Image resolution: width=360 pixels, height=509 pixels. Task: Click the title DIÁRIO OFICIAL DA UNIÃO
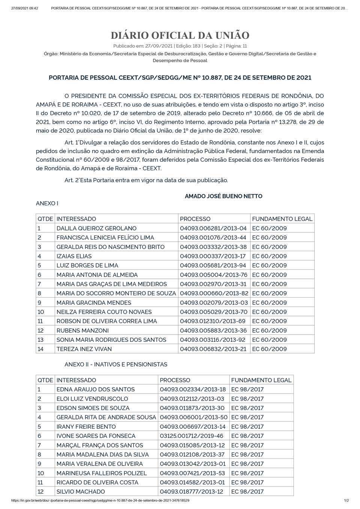click(180, 36)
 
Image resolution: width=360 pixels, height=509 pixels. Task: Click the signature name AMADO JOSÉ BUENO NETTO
click(223, 196)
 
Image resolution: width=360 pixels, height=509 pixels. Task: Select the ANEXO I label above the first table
click(47, 203)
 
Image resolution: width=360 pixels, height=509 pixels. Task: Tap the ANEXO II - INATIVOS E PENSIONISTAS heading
click(116, 364)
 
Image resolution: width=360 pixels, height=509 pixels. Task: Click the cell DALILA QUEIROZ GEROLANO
click(96, 228)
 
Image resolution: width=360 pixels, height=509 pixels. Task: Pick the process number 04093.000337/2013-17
click(213, 256)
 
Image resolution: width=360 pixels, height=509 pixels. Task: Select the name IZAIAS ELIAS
click(74, 256)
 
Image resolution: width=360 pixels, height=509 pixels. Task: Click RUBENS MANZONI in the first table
click(82, 331)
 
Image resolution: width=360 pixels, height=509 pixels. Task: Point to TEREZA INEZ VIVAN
click(84, 349)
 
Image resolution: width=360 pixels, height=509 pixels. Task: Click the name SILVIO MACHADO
click(81, 491)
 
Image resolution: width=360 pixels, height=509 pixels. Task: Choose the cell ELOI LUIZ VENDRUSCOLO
click(92, 399)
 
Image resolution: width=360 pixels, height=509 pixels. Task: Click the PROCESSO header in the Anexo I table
click(195, 219)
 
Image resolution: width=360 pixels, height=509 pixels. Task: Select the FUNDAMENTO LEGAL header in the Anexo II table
click(261, 380)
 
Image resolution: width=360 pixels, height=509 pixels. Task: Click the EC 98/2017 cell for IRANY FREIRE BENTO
click(247, 427)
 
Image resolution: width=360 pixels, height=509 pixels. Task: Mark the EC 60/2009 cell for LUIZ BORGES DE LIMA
click(269, 265)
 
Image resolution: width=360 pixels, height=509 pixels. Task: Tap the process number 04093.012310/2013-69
click(213, 321)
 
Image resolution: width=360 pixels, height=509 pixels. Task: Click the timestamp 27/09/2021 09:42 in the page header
click(24, 8)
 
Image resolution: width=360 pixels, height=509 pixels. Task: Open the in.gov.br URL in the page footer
click(100, 500)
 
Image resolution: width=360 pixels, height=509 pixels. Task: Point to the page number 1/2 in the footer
click(346, 500)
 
